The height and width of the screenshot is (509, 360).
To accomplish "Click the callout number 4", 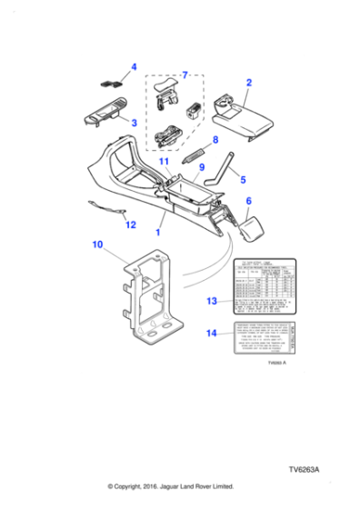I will [134, 67].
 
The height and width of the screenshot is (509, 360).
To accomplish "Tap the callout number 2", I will [134, 122].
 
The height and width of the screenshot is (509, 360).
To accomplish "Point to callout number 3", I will [134, 122].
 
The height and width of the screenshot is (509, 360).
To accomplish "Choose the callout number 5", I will [242, 180].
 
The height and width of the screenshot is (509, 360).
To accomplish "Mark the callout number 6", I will [248, 203].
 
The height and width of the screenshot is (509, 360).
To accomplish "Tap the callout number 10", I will [97, 245].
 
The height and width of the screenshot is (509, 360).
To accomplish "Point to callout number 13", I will [211, 299].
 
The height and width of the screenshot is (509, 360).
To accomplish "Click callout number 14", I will [211, 334].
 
